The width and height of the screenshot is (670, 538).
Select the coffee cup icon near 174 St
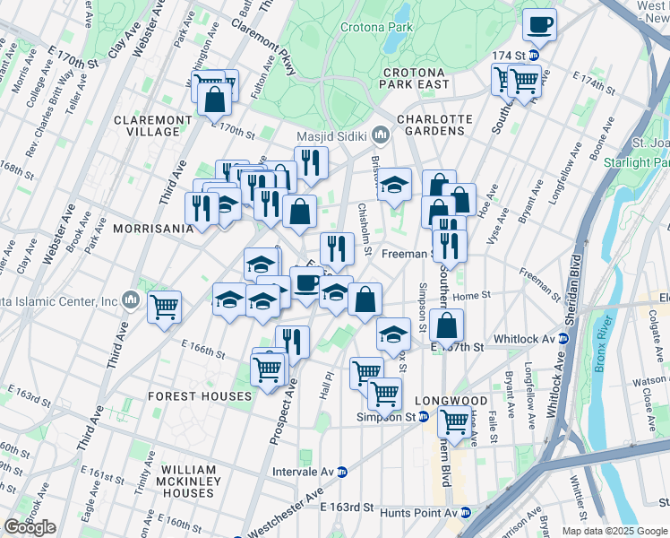click(x=539, y=25)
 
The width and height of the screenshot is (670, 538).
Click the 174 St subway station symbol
click(x=533, y=56)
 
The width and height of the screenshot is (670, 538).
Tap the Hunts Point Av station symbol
click(x=465, y=513)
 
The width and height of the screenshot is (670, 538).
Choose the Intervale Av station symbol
click(x=342, y=471)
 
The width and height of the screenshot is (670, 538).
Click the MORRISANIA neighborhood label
click(x=153, y=229)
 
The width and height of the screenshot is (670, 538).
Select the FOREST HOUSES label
click(x=200, y=396)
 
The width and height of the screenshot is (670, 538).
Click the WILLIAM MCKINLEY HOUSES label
click(x=189, y=482)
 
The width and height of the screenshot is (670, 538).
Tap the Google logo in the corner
click(x=30, y=527)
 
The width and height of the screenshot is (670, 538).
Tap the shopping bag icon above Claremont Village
click(x=215, y=100)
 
